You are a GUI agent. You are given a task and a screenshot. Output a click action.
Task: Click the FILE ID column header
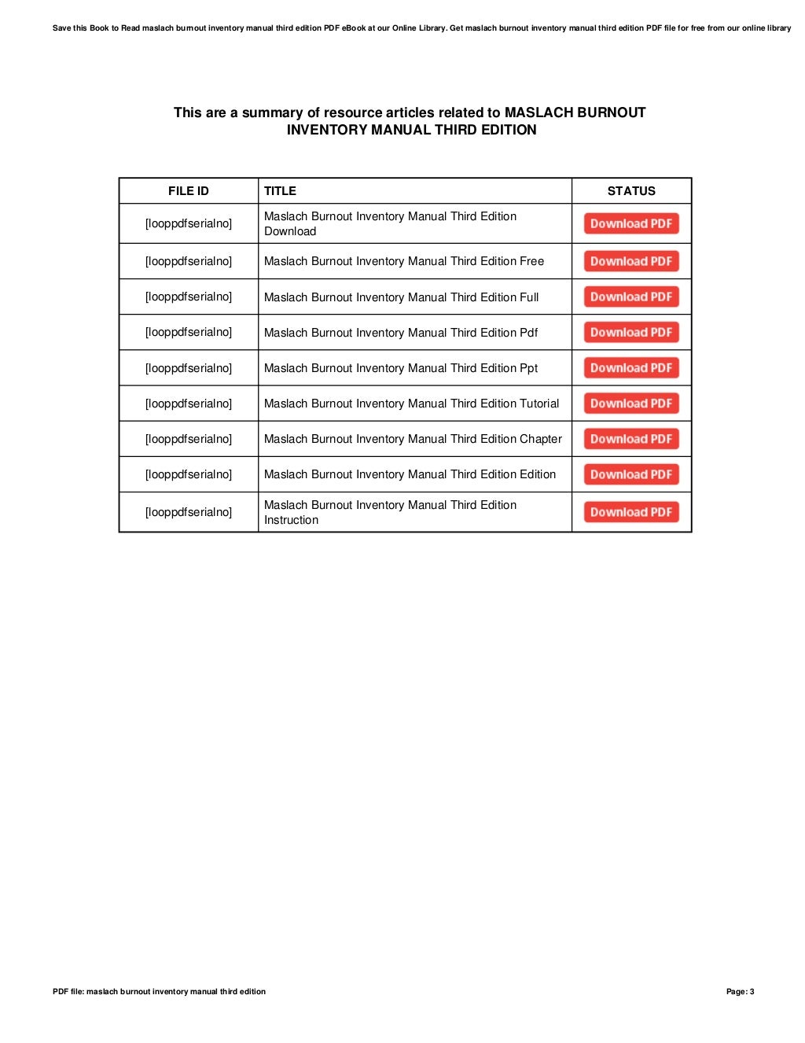point(189,191)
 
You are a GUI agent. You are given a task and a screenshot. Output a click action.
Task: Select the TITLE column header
point(280,191)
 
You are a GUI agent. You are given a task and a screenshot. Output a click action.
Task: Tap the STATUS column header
point(631,191)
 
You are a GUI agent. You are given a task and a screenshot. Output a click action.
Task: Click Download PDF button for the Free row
point(631,261)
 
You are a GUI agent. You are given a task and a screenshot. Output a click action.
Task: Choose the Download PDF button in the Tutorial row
point(631,404)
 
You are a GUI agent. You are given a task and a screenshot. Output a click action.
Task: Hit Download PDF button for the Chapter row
point(631,439)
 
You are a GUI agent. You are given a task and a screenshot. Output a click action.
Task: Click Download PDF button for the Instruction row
point(631,512)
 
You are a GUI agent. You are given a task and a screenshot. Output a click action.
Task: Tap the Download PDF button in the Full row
point(631,297)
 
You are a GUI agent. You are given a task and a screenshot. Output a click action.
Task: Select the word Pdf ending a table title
point(528,333)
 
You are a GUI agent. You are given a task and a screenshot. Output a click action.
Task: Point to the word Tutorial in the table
point(539,404)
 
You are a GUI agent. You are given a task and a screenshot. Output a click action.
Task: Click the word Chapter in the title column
point(541,439)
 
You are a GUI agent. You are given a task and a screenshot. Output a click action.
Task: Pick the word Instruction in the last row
point(291,520)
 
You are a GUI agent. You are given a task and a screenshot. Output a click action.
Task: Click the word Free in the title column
point(531,261)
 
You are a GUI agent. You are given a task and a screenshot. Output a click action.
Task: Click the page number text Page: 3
point(740,992)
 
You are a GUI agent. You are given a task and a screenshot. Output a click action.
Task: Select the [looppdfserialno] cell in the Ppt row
point(189,368)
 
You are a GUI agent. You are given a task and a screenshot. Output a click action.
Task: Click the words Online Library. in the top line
point(420,28)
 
